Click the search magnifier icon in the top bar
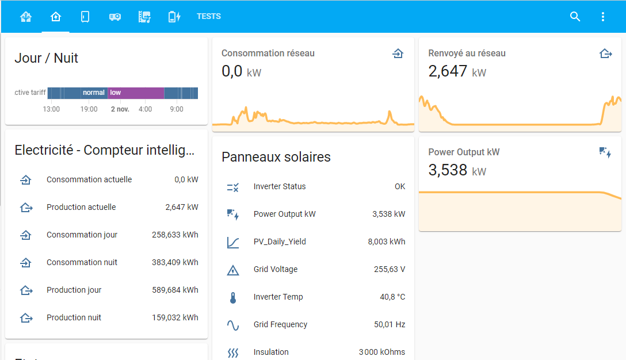point(575,17)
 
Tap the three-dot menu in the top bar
point(602,17)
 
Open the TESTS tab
point(208,17)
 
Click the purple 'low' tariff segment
point(136,93)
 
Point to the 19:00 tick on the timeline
point(89,109)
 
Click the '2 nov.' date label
point(120,109)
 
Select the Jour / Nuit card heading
point(46,58)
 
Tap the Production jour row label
point(74,290)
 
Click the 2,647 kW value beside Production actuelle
point(181,207)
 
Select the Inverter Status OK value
point(399,186)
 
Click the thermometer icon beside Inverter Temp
point(232,297)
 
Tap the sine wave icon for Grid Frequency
point(232,325)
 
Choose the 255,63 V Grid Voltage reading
point(389,269)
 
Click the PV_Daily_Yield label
point(279,242)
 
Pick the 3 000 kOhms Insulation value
point(381,352)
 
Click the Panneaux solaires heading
point(276,157)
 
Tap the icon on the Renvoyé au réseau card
point(605,53)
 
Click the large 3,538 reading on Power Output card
point(448,170)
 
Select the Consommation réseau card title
point(268,53)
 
